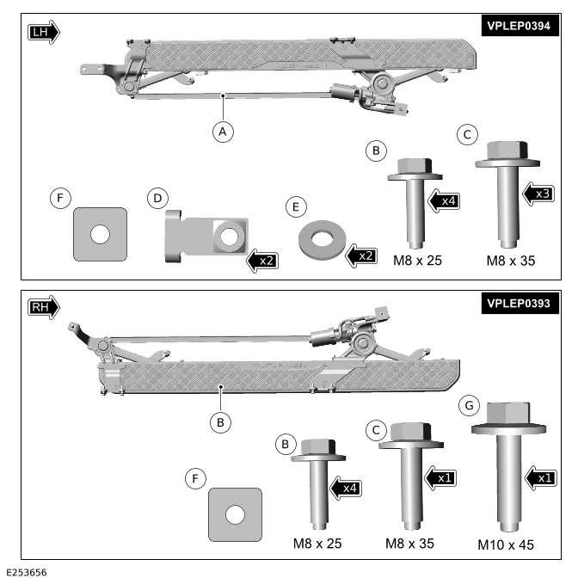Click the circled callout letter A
223,132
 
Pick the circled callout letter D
157,199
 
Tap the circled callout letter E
297,207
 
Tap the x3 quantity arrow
538,194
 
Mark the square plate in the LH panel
100,233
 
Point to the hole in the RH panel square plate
235,514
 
